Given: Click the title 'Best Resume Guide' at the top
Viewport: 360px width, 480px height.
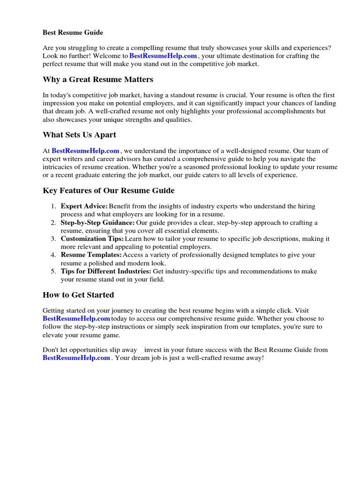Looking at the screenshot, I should pyautogui.click(x=73, y=33).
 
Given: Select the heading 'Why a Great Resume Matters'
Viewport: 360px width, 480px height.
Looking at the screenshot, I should pyautogui.click(x=98, y=79).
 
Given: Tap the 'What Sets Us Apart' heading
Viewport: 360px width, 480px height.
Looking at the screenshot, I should pyautogui.click(x=79, y=135).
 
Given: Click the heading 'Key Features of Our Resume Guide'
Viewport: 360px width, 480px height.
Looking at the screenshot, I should pyautogui.click(x=108, y=190).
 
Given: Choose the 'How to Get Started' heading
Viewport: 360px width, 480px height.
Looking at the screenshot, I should pyautogui.click(x=78, y=295).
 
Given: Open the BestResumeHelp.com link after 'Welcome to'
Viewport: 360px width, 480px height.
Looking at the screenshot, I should pyautogui.click(x=163, y=56).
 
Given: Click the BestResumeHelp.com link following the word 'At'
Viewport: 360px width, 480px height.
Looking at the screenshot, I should pyautogui.click(x=85, y=151).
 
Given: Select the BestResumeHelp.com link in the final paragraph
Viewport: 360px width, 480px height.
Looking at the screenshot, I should pyautogui.click(x=76, y=358).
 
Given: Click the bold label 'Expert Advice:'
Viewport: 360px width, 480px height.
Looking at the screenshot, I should pyautogui.click(x=84, y=206).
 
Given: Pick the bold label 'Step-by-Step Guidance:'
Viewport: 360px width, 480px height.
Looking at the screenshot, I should pyautogui.click(x=97, y=223).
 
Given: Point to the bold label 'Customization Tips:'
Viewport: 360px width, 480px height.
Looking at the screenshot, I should pyautogui.click(x=92, y=239).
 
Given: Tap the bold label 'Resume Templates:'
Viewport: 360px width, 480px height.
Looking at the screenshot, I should pyautogui.click(x=91, y=255).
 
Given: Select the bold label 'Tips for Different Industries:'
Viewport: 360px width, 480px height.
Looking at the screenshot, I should pyautogui.click(x=106, y=271).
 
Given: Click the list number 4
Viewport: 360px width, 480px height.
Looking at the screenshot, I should pyautogui.click(x=53, y=255).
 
